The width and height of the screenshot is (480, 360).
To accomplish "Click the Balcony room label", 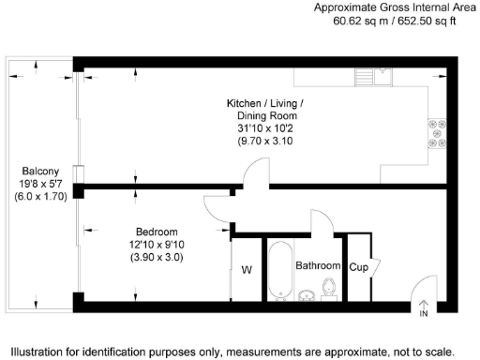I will coord(41,172).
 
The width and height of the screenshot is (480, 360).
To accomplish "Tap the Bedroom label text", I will coord(157,232).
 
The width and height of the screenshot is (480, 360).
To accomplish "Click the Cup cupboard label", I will coord(359,266).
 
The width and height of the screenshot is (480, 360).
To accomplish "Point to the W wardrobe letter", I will coord(247,272).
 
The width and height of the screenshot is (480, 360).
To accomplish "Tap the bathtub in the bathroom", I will coord(279,272).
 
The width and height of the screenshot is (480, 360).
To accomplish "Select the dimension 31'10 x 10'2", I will coord(264,128).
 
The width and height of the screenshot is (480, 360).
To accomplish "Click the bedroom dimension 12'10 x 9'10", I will coord(157,245).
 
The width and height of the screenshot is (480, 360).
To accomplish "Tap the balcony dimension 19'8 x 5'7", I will coord(41,185).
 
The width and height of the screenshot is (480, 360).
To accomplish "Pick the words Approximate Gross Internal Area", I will coord(395,7).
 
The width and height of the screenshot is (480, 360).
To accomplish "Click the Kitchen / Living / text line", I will coord(265,102).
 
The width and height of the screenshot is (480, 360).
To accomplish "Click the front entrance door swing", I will coord(427,287).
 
